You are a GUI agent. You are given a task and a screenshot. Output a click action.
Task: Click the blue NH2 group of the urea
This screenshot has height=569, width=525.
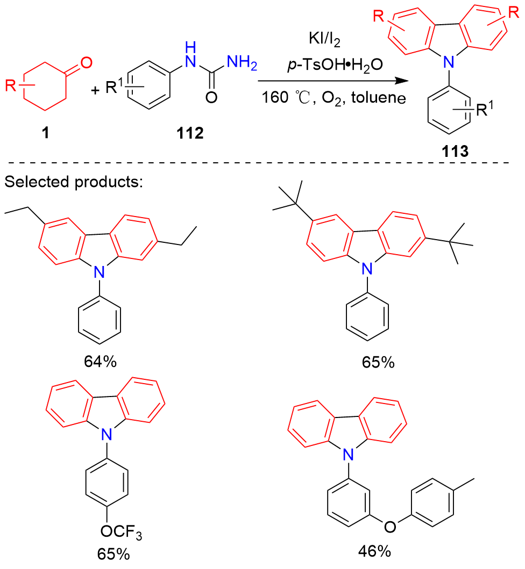[242, 66]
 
